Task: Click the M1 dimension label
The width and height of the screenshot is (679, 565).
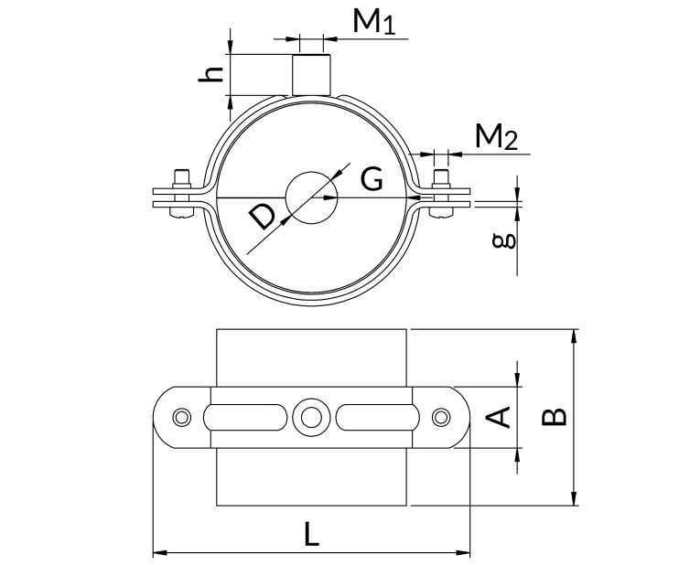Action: [x=374, y=22]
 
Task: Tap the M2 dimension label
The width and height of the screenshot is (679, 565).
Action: [x=496, y=137]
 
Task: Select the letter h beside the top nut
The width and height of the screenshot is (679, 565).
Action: [x=210, y=74]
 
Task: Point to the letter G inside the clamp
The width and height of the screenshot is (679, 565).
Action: [x=372, y=179]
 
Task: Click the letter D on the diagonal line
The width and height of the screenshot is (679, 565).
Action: [x=263, y=218]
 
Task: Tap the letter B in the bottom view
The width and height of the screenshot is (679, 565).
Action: [x=555, y=417]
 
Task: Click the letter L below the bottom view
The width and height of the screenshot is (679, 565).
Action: [x=311, y=534]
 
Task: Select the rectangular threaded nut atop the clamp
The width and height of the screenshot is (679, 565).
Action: [x=312, y=75]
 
